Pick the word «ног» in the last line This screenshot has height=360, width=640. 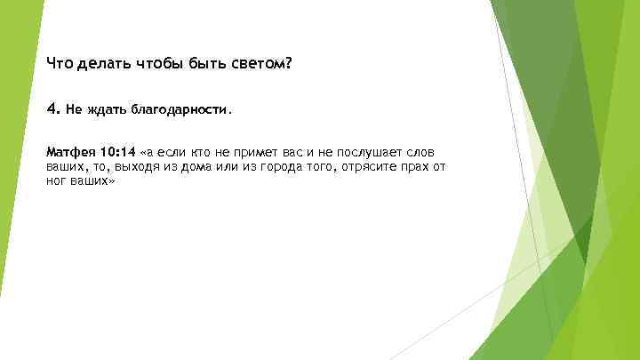55,180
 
